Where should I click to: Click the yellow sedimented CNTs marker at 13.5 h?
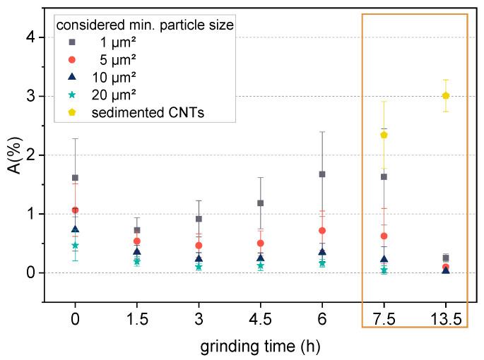click(445, 95)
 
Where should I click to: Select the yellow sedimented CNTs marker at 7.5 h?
click(384, 135)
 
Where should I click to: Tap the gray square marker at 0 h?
click(75, 178)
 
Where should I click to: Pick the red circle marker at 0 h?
click(75, 210)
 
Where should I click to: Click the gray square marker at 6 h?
click(322, 174)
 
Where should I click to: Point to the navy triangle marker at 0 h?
click(75, 229)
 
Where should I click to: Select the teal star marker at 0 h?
click(75, 245)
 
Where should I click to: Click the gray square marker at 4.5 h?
click(261, 203)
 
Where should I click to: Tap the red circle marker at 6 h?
click(322, 230)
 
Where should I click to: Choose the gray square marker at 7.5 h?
click(384, 176)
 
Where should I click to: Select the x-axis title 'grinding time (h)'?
click(261, 347)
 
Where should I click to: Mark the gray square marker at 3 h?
click(199, 219)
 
